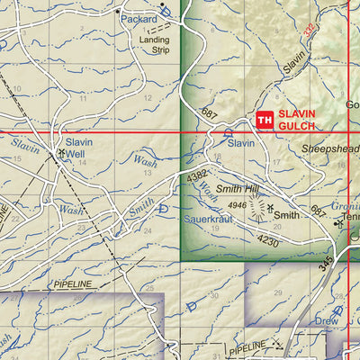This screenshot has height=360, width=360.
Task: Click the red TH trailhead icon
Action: click(265, 120)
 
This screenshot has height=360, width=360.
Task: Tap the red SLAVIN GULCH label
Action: click(300, 121)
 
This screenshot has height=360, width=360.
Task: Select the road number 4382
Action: click(197, 178)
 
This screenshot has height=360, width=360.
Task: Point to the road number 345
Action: click(324, 264)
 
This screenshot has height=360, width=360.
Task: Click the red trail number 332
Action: click(310, 30)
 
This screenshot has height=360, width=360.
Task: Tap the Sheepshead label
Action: click(330, 148)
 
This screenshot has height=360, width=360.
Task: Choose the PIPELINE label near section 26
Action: click(72, 283)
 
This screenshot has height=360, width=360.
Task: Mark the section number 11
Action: click(83, 98)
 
